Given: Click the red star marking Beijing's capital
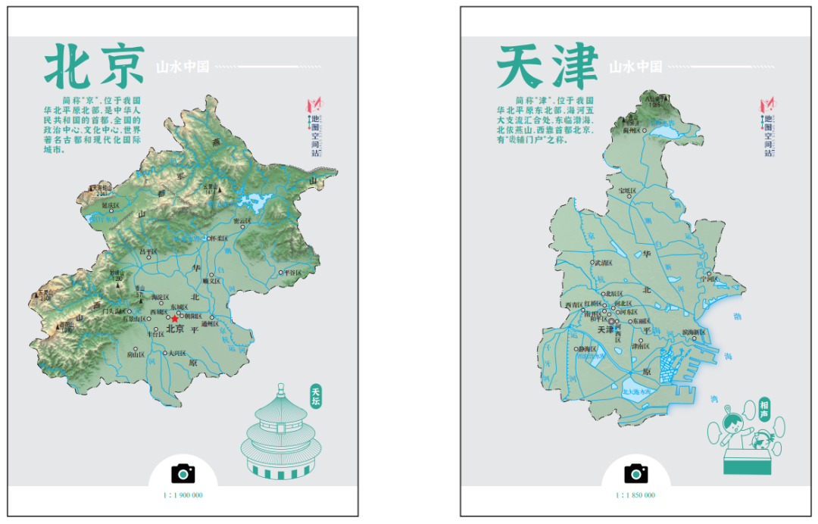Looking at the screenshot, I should pos(174,320).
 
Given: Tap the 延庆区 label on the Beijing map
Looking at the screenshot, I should pos(111,205).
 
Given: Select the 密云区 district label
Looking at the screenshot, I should pos(242,220).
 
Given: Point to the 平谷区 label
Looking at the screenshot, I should pos(292,273).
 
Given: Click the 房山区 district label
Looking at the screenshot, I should pos(136,354).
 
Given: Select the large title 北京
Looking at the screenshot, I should pos(94,67).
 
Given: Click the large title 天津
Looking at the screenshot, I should pos(547,67).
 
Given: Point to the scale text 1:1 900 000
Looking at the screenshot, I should pos(183,495).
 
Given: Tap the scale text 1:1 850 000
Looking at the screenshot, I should pos(635,495).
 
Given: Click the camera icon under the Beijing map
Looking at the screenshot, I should pos(183,474).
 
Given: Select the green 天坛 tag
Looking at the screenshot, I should pos(316,396).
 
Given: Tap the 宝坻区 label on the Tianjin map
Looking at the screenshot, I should pos(630,190).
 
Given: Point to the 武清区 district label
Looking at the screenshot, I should pos(603,263).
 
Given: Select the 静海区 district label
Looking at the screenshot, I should pos(587,349).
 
